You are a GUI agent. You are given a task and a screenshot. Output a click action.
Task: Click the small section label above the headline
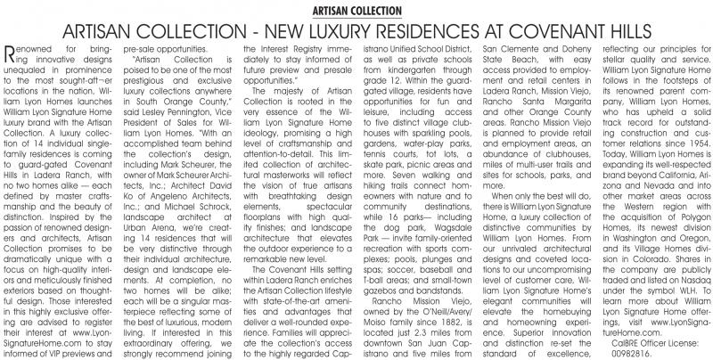pyautogui.click(x=356, y=9)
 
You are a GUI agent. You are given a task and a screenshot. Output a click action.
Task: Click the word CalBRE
pyautogui.click(x=609, y=340)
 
